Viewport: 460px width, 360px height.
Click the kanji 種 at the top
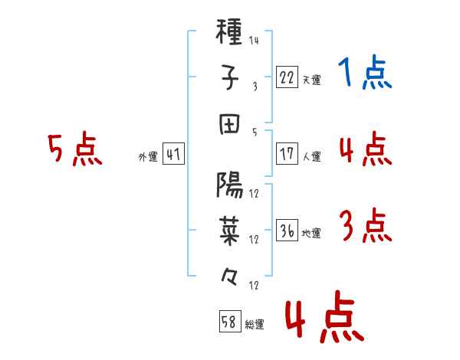pos(228,31)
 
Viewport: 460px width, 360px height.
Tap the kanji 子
pos(229,77)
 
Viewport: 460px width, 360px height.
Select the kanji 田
pos(229,124)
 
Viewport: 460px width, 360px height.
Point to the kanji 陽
pos(229,185)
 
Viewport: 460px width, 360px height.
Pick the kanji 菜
pos(229,231)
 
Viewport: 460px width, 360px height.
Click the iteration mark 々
pos(228,277)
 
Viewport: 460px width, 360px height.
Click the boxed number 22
pos(287,77)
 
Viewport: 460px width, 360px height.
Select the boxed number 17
pos(287,154)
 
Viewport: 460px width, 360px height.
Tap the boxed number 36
pos(287,230)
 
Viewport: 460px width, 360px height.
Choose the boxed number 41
pos(173,154)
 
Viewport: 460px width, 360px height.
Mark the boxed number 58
pos(230,321)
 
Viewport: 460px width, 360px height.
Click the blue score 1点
pos(365,72)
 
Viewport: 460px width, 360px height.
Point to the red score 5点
pos(75,149)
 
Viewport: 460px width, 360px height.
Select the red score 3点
pos(366,225)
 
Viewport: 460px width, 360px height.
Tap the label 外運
pos(148,156)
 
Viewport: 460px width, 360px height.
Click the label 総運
pos(255,324)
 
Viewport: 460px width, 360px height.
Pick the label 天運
pos(312,80)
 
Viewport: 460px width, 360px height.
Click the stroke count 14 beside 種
pos(254,40)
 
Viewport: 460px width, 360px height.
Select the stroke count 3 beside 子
pos(255,87)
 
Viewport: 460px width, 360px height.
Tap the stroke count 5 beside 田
pos(255,133)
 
